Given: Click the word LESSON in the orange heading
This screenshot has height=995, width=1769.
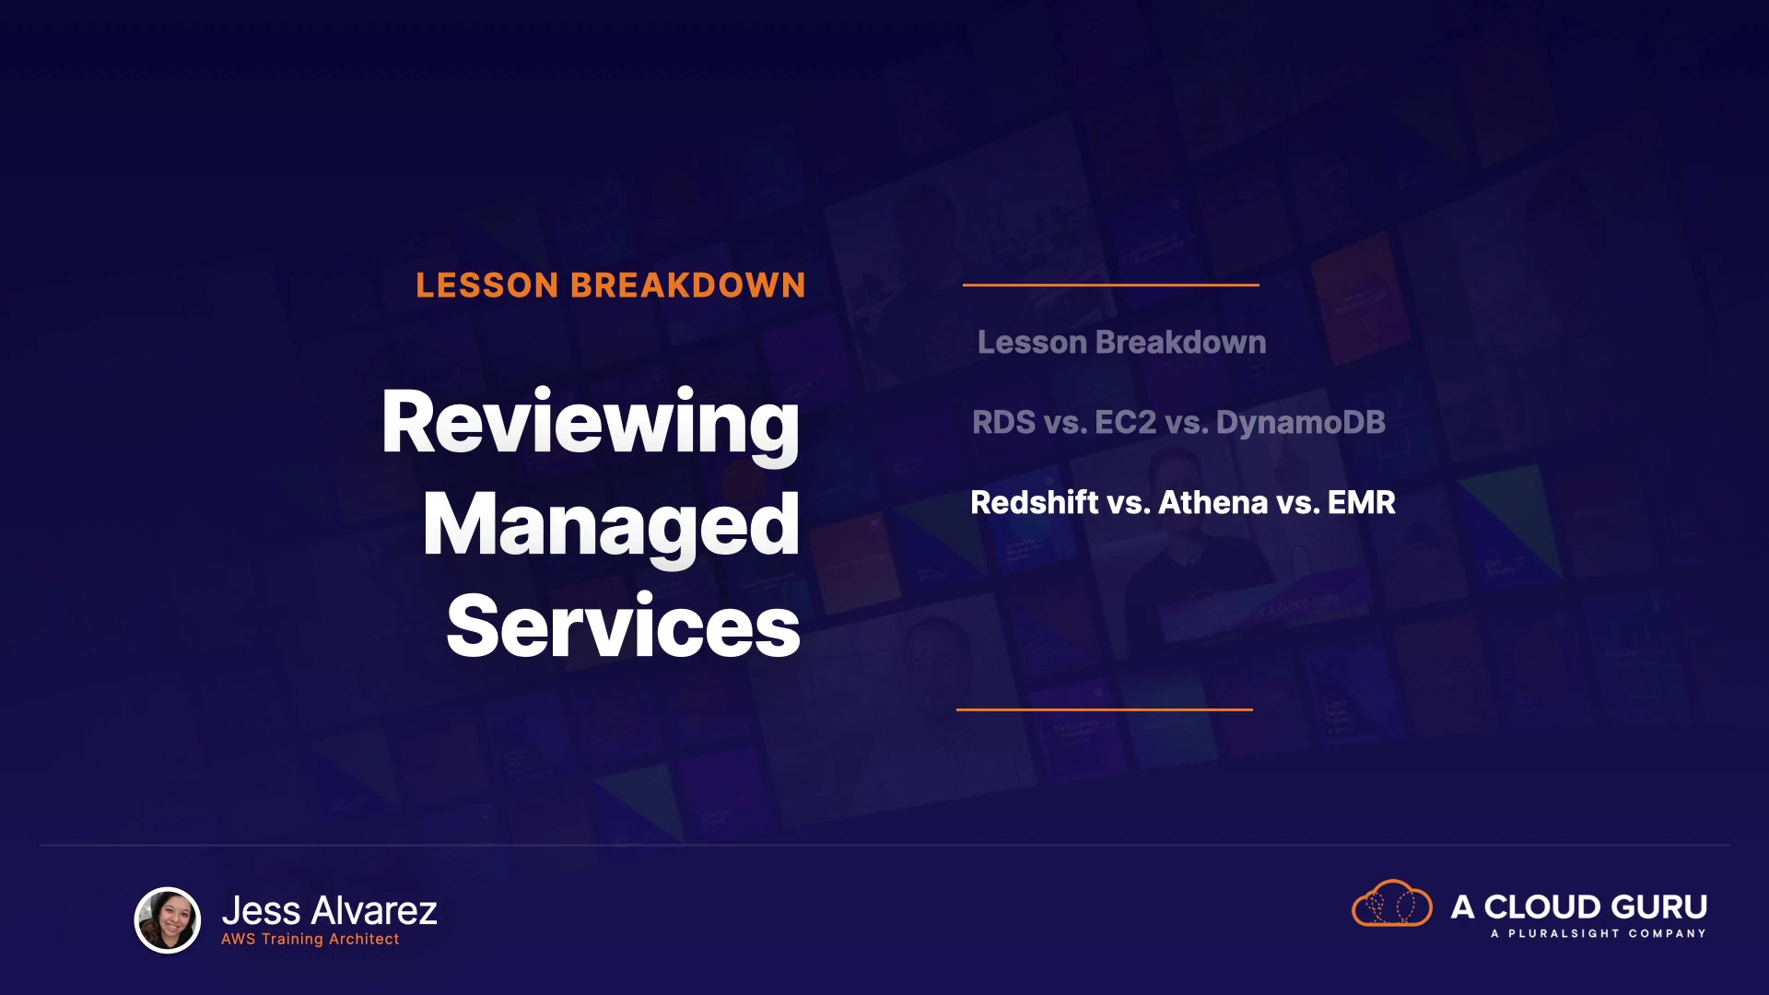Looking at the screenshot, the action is tap(487, 286).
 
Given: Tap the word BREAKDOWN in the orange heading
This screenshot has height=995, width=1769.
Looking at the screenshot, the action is tap(688, 286).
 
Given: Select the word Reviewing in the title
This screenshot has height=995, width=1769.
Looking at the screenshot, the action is tap(591, 424).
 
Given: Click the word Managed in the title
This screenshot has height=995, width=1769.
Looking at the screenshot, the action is tap(611, 527).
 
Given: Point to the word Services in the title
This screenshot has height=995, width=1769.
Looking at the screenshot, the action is tap(623, 626).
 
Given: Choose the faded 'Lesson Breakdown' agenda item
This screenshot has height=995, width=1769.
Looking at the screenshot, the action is tap(1121, 343).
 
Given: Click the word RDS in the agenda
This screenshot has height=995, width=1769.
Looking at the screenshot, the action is tap(1004, 423).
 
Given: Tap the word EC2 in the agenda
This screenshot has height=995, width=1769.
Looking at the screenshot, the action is tap(1125, 423).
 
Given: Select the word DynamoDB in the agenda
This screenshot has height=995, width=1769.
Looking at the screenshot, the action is tap(1301, 423).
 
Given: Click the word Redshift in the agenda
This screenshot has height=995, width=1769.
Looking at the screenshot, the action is tap(1035, 503).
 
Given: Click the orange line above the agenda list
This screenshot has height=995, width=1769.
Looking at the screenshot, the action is tap(1111, 285).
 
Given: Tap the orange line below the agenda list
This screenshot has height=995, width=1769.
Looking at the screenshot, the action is tap(1105, 709).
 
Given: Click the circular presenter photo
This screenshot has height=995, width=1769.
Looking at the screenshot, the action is tap(168, 919).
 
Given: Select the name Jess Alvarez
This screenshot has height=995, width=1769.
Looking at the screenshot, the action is tap(329, 910).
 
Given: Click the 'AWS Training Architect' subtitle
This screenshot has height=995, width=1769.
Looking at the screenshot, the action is tap(310, 939).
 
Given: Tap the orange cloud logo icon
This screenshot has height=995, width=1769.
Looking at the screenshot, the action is tap(1391, 904).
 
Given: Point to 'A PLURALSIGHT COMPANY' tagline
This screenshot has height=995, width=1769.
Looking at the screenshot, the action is tap(1598, 933).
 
